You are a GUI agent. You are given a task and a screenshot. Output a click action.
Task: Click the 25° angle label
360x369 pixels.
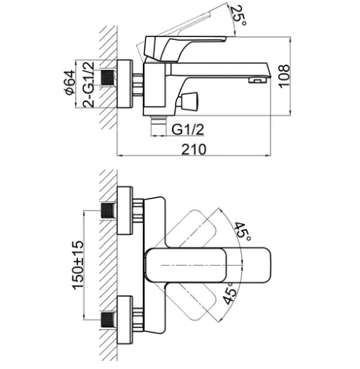click(x=238, y=15)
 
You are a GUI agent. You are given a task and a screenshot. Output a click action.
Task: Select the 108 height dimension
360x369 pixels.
click(x=284, y=76)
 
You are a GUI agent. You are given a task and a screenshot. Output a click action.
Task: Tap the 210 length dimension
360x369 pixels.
click(x=194, y=149)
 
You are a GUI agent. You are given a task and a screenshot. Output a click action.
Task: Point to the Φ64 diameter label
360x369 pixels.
click(x=69, y=82)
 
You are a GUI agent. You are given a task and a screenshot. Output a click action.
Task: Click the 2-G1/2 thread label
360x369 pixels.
click(x=88, y=84)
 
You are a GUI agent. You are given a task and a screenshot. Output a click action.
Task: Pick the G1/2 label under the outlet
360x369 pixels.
click(x=187, y=130)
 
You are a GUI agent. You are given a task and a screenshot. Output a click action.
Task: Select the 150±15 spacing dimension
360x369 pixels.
click(x=78, y=265)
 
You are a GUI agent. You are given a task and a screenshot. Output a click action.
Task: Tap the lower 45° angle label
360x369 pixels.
click(x=230, y=293)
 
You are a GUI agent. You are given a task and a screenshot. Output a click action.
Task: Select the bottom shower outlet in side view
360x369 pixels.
click(x=158, y=125)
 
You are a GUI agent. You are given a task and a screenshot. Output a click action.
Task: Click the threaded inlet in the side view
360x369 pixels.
click(x=107, y=78)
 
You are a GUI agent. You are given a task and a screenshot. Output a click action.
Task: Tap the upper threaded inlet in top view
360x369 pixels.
click(x=108, y=211)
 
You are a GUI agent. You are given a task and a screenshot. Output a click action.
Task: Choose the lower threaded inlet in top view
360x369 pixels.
click(x=108, y=320)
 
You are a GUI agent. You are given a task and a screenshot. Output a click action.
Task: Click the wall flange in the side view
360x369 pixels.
click(x=125, y=84)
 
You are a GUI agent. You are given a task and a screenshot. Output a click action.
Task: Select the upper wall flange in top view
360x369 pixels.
click(x=125, y=210)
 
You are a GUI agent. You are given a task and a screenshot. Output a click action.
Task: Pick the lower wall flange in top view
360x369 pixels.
click(x=125, y=320)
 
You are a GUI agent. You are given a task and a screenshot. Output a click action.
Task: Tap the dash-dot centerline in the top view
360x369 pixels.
click(x=202, y=265)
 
